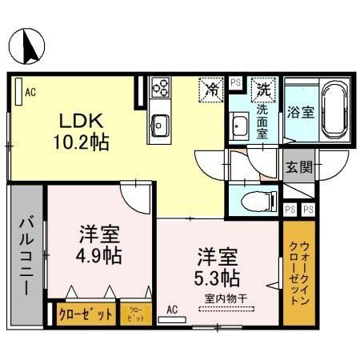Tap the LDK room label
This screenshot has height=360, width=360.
[78, 121]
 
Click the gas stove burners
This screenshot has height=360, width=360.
[160, 86]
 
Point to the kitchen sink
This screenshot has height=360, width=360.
[160, 124]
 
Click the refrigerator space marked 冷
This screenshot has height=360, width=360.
[212, 88]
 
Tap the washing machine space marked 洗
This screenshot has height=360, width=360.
[262, 88]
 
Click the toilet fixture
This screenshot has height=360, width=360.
[258, 200]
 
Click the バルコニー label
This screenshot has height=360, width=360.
[26, 255]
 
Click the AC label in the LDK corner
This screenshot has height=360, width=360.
[30, 93]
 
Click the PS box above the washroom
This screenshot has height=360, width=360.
[235, 82]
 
